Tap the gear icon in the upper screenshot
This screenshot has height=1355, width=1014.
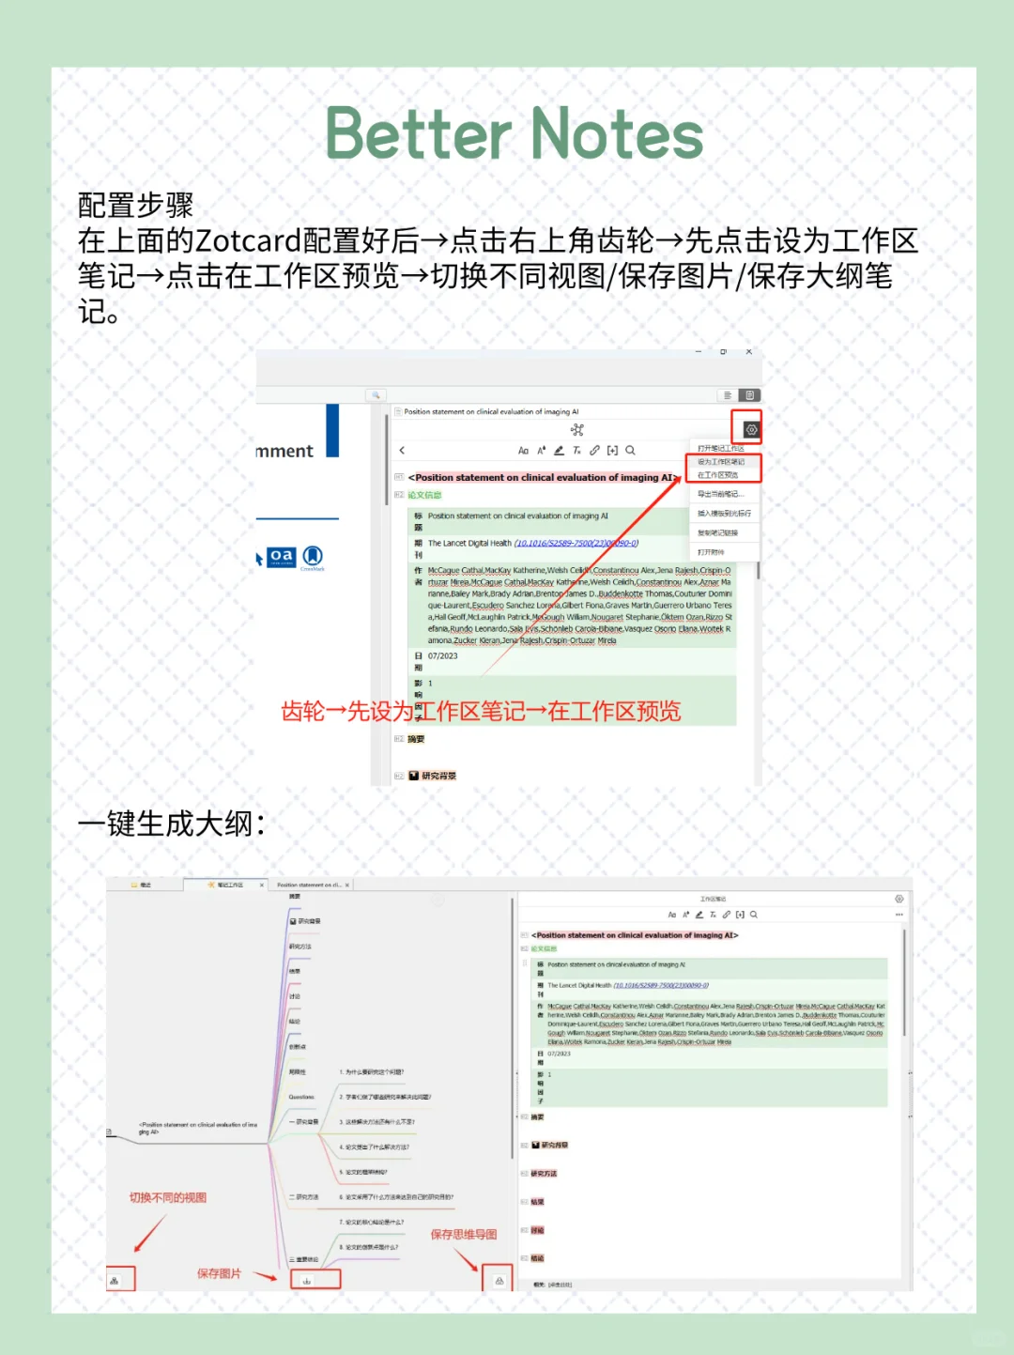(x=751, y=430)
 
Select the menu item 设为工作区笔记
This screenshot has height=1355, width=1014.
(x=721, y=462)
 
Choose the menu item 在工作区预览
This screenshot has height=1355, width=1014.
(x=718, y=475)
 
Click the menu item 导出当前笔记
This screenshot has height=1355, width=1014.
(x=720, y=494)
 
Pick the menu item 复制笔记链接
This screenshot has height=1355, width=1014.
(x=717, y=533)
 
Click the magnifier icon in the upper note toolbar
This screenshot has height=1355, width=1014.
(x=631, y=451)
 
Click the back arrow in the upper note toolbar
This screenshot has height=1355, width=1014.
(x=403, y=451)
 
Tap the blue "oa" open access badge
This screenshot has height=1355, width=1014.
(x=281, y=557)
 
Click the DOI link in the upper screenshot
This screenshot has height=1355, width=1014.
(x=576, y=543)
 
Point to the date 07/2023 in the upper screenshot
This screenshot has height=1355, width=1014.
(x=443, y=656)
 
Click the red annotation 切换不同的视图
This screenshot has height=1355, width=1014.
(x=168, y=1197)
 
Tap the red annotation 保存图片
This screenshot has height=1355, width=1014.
(x=219, y=1273)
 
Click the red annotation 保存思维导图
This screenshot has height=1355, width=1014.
(x=464, y=1234)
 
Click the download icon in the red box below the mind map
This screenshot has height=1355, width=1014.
(x=306, y=1280)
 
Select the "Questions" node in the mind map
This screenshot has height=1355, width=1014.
(x=301, y=1097)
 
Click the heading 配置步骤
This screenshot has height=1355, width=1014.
(x=135, y=205)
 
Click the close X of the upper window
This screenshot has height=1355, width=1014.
(x=748, y=352)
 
